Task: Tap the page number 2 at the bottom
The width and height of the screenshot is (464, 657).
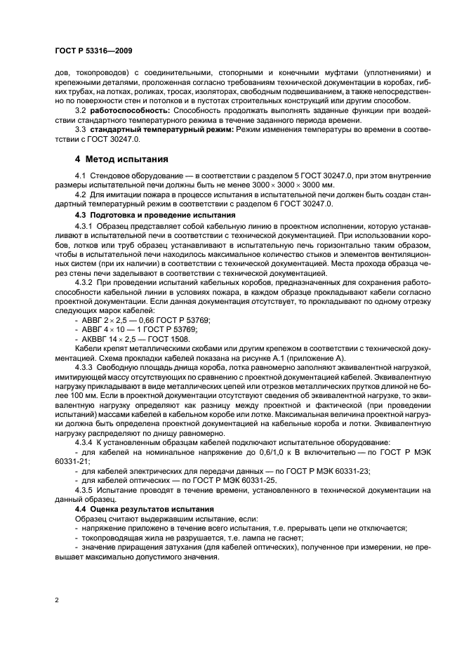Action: pos(57,601)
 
